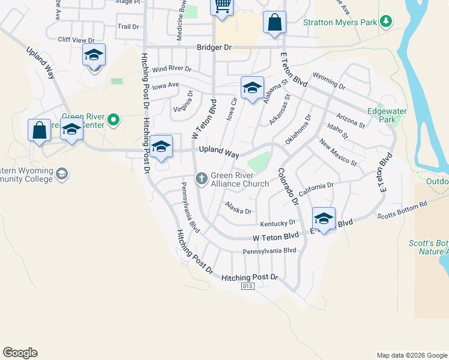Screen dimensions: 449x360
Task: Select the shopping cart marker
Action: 221,6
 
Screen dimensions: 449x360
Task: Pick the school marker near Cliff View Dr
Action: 94,55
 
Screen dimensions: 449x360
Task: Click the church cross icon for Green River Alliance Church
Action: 202,177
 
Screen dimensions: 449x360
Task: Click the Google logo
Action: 20,353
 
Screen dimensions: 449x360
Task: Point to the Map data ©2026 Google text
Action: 411,355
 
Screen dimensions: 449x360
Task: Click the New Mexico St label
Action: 338,152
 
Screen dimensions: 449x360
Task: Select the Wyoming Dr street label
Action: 329,82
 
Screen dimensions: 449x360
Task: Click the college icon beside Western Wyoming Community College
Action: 61,174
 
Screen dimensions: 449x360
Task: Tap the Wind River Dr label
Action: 171,70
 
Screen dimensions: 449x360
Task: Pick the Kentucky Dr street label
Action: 278,223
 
